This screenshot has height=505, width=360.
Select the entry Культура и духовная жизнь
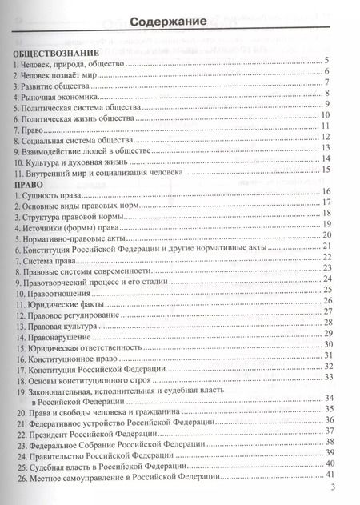tap(73, 160)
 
